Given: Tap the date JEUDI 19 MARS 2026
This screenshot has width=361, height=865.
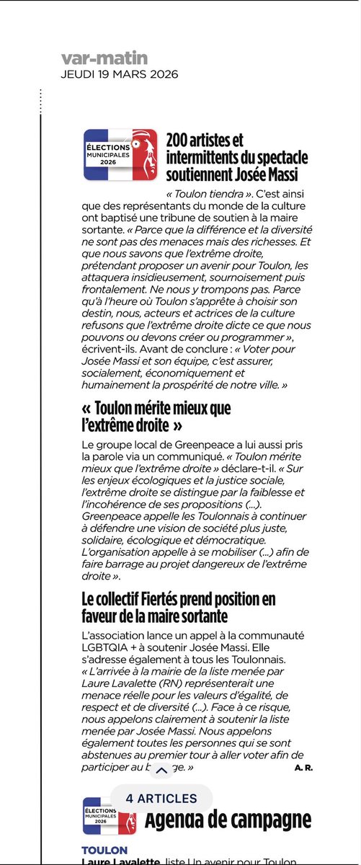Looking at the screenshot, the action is (x=120, y=74).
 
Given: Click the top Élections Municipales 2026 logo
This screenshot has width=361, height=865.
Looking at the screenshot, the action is (x=120, y=154).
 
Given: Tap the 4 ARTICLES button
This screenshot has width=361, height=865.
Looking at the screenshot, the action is (x=161, y=798).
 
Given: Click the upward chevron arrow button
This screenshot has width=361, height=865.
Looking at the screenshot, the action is (x=161, y=771).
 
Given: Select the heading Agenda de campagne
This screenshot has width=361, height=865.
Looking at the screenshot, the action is (x=228, y=820).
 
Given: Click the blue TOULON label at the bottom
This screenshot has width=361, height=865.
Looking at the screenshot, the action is (x=104, y=851).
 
